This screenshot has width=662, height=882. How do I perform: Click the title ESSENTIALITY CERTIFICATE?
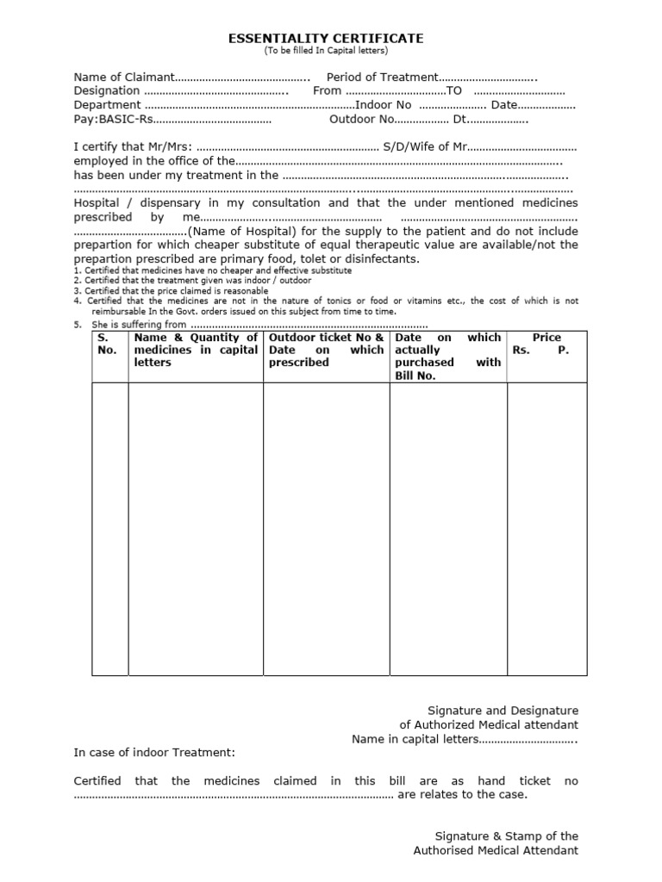click(326, 39)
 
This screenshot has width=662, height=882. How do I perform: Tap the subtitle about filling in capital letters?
click(326, 52)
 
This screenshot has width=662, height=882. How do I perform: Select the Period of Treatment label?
click(383, 78)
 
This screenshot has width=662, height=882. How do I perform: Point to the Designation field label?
click(106, 90)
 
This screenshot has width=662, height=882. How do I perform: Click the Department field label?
click(106, 105)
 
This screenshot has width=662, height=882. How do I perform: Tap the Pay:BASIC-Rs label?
click(113, 119)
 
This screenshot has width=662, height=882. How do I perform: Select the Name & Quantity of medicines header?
click(196, 350)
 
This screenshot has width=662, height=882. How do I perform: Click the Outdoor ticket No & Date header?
click(326, 350)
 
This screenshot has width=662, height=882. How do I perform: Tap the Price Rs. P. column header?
click(546, 344)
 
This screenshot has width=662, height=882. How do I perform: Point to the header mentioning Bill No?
click(447, 357)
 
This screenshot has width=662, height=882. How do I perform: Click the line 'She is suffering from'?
click(138, 325)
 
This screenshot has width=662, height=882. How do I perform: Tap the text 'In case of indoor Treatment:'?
click(153, 752)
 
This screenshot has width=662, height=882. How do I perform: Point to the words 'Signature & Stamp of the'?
click(507, 835)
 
